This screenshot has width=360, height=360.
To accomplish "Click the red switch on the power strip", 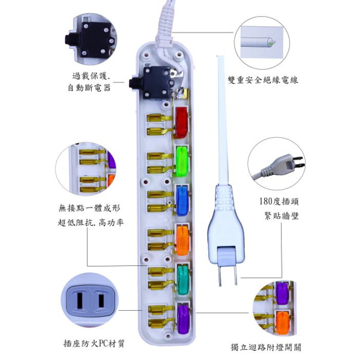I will point(181,122).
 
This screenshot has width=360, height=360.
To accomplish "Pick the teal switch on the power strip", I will point(182,278).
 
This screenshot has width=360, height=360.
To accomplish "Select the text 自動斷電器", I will point(89,88).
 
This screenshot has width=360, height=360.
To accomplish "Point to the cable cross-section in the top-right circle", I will point(270,42).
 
